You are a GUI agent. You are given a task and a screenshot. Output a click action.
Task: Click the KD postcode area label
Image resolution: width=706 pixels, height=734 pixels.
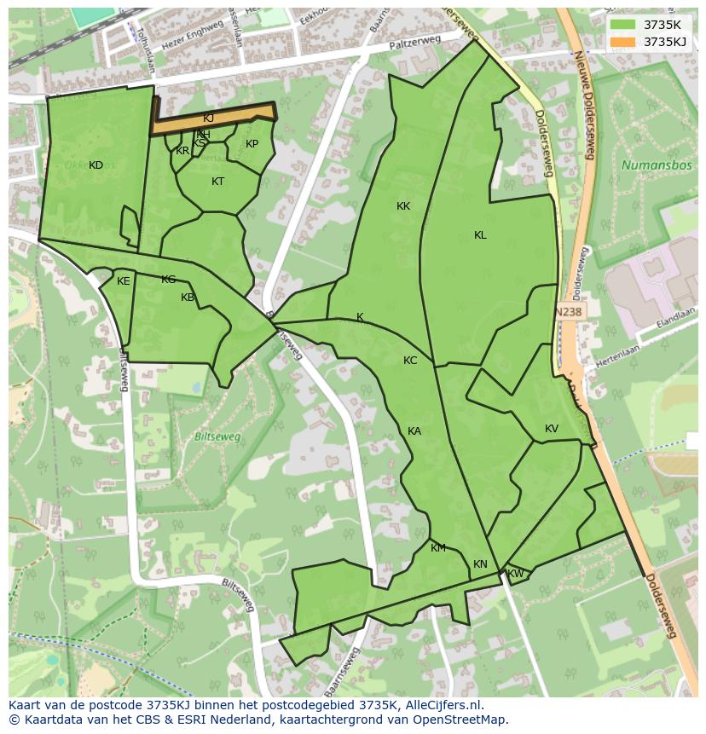tap(95, 165)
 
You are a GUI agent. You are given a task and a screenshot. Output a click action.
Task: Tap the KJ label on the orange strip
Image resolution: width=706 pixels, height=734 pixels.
tap(208, 118)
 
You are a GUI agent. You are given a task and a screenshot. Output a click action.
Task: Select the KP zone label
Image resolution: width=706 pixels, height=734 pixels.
tap(252, 144)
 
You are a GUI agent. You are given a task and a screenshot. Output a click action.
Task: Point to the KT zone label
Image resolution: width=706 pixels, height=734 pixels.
tap(217, 182)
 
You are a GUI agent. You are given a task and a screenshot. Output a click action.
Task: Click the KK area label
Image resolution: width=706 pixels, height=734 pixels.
tap(403, 206)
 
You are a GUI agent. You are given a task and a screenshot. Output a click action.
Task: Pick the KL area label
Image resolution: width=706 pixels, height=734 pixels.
tap(480, 235)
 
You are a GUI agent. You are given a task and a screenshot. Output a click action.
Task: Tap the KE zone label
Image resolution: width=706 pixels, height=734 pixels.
tap(124, 281)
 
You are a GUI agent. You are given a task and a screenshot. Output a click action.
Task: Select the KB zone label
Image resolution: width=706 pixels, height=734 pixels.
tap(188, 298)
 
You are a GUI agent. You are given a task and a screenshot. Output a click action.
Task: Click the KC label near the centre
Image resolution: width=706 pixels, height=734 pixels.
tap(410, 361)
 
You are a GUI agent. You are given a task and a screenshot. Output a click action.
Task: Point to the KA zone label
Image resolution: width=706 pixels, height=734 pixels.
tap(414, 431)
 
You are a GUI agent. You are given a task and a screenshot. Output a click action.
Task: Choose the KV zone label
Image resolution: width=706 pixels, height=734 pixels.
tap(552, 429)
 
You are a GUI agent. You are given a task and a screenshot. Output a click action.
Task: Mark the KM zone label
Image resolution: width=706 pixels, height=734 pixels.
tap(438, 548)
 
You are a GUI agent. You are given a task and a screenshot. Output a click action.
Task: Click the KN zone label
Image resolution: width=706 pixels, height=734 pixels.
tap(480, 564)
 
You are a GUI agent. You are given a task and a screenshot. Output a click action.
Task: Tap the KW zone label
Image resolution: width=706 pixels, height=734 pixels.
tap(515, 574)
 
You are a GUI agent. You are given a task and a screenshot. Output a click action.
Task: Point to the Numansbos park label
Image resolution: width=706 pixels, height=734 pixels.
tap(657, 165)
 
